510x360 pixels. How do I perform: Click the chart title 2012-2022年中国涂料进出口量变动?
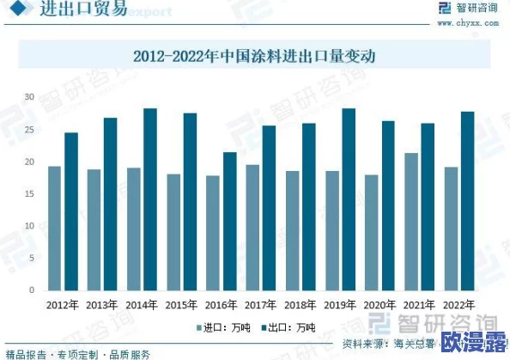[256, 57]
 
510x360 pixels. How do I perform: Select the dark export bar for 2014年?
[149, 198]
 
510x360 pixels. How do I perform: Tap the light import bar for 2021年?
[411, 221]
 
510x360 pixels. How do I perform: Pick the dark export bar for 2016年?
[229, 221]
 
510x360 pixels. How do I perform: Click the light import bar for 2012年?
[54, 228]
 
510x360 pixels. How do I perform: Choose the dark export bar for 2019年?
[348, 198]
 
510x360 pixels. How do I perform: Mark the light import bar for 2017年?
[252, 227]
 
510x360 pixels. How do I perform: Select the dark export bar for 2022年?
[467, 200]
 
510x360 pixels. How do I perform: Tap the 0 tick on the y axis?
[31, 290]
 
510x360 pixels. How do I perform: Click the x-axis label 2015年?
[180, 304]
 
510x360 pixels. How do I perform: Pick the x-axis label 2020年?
[379, 304]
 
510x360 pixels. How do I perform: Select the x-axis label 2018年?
[300, 304]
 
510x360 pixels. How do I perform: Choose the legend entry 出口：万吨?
[288, 326]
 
